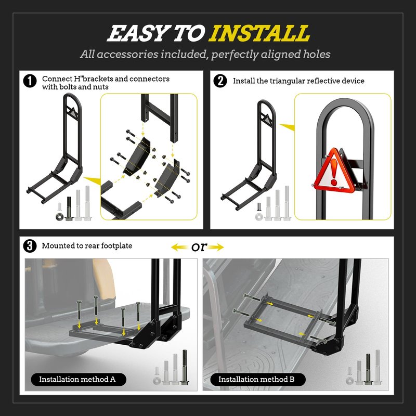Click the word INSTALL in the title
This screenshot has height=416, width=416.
[x=259, y=33]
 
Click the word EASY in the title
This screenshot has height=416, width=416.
[x=137, y=33]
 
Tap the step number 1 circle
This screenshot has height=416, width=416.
[x=30, y=81]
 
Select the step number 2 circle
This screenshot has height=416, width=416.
[x=220, y=81]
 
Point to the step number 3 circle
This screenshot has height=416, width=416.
[x=30, y=246]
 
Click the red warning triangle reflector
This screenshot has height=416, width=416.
[x=334, y=171]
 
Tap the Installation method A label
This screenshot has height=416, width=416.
[x=77, y=380]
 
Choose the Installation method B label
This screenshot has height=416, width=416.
[x=257, y=380]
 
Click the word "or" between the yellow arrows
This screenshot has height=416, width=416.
[x=199, y=247]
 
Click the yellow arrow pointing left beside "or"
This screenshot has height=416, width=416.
[x=181, y=248]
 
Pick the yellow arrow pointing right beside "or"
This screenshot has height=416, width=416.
[x=215, y=248]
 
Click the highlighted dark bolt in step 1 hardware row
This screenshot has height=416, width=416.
[x=69, y=209]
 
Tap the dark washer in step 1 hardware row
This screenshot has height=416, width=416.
[x=60, y=217]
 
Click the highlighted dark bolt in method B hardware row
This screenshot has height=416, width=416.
[x=368, y=369]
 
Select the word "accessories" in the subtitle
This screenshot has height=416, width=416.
[x=128, y=55]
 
